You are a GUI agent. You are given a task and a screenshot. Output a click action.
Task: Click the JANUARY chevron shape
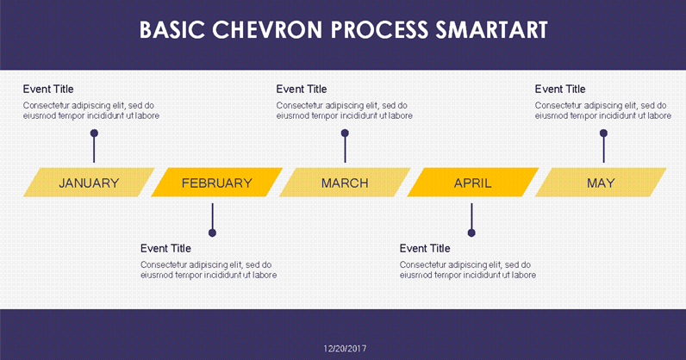[x=89, y=183]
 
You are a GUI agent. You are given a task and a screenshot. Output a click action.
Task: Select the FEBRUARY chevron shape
[x=217, y=183]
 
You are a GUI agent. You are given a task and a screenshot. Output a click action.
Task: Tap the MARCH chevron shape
[x=345, y=183]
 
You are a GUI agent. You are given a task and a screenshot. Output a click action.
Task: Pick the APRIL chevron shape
[x=472, y=183]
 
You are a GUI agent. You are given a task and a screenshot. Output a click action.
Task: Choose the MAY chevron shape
[x=601, y=183]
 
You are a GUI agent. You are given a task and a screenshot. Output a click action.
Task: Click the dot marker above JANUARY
[x=94, y=133]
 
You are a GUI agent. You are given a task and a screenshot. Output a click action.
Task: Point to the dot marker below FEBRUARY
[x=212, y=233]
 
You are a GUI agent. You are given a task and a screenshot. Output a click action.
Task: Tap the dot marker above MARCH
[x=345, y=133]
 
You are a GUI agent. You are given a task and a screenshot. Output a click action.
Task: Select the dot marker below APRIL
[x=471, y=233]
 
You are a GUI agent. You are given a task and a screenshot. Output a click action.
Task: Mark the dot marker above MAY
[x=603, y=133]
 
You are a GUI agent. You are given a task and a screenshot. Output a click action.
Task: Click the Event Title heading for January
[x=48, y=89]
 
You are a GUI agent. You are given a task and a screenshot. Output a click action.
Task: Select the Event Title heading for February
[x=165, y=248]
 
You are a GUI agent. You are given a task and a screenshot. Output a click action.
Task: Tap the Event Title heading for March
[x=302, y=89]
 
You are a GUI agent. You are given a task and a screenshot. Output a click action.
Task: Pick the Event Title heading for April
[x=425, y=248]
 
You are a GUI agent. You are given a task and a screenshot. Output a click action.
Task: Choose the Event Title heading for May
[x=560, y=89]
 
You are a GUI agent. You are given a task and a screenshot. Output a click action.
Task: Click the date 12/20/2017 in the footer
[x=345, y=348]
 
